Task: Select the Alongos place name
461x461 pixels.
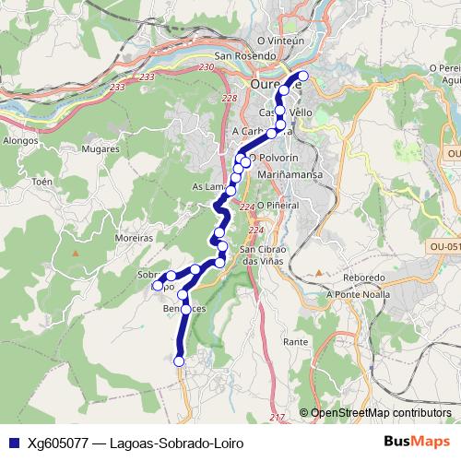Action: (20, 141)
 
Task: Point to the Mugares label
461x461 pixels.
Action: (100, 148)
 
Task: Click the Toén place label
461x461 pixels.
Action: (42, 182)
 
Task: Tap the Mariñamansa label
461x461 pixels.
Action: (290, 172)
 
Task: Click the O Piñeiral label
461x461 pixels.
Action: (278, 205)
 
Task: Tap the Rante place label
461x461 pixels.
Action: (296, 341)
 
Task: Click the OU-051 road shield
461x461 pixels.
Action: (444, 247)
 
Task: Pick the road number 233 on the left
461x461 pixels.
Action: (116, 87)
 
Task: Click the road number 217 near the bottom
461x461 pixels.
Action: (277, 418)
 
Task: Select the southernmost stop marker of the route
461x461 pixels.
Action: (179, 361)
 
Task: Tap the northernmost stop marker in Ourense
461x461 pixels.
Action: (303, 76)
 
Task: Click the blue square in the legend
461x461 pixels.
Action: (12, 443)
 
